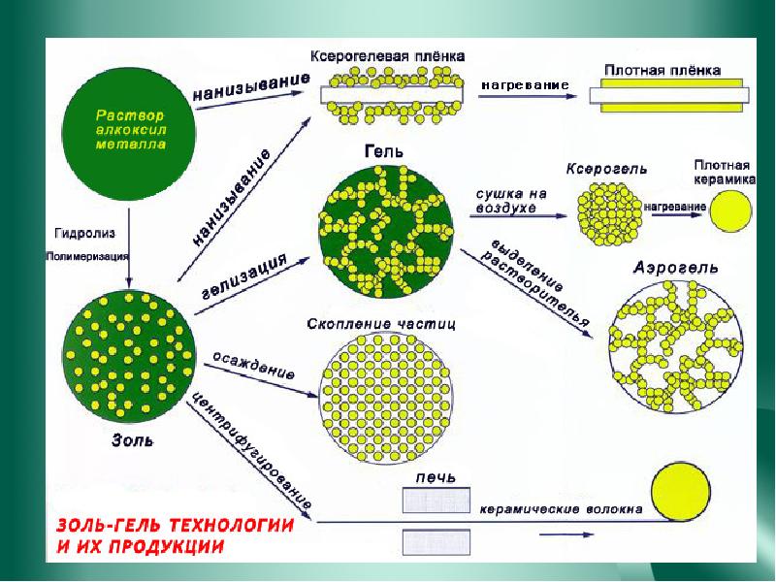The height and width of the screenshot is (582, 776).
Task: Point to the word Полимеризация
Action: click(85, 257)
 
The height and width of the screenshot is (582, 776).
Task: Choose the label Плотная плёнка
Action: click(663, 71)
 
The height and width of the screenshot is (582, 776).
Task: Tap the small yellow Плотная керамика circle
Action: click(729, 210)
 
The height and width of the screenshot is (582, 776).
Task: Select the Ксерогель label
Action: click(607, 170)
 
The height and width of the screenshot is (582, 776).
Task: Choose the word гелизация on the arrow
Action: click(245, 277)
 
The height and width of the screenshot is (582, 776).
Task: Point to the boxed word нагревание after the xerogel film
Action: click(525, 86)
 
